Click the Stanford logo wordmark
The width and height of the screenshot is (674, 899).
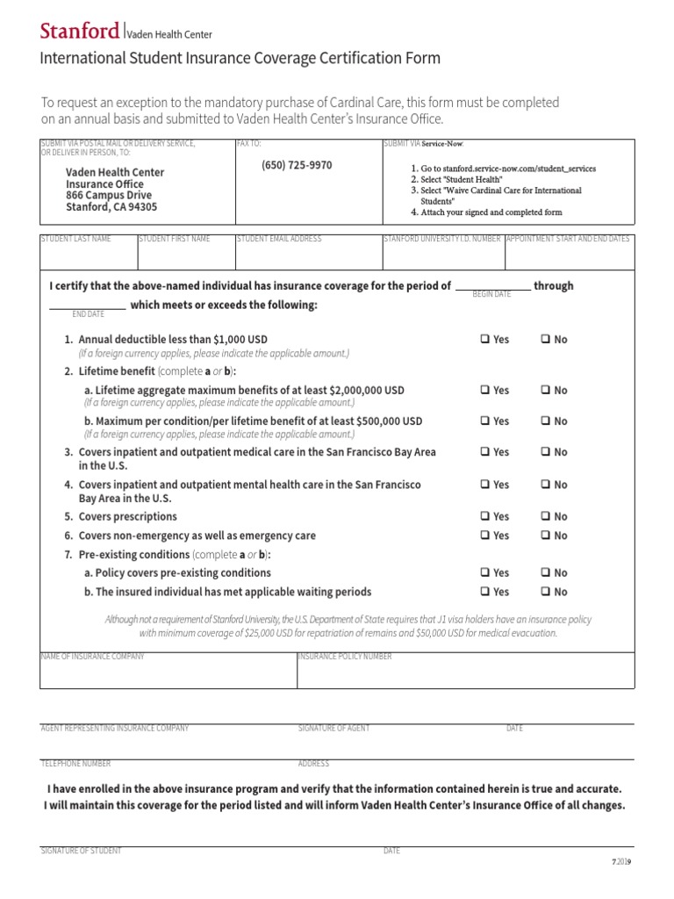click(80, 32)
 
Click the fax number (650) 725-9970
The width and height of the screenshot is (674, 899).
click(297, 165)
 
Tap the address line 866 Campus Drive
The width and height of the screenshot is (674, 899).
click(109, 196)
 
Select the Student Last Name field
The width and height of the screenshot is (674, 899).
click(88, 256)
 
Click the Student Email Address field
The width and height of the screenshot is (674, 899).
click(306, 256)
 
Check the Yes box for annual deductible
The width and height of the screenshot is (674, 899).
click(485, 340)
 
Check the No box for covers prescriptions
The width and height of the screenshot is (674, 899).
click(546, 517)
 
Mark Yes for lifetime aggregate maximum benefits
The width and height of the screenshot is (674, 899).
click(485, 391)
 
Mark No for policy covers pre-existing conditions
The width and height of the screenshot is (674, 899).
click(546, 573)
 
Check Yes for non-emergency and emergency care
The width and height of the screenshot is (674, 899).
click(485, 536)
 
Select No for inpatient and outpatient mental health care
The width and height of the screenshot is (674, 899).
click(546, 485)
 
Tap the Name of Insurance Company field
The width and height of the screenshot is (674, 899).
click(167, 672)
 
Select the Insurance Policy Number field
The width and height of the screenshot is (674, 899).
click(465, 672)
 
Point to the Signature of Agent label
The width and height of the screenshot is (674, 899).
click(333, 729)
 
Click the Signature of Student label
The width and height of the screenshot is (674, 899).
click(81, 852)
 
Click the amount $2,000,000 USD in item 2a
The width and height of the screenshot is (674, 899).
click(366, 390)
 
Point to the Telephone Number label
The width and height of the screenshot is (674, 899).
click(75, 764)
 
